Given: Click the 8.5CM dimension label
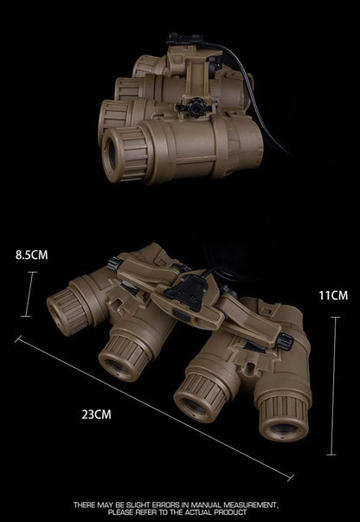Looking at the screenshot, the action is pos(32,255).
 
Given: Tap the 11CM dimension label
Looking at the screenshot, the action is pos(333,295).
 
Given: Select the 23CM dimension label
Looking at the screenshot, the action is pos(96,415).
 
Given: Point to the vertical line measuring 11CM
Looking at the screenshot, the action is pos(332,386).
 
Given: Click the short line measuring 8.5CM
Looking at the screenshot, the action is pos(29,294).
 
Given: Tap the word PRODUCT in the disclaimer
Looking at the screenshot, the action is pos(230,512).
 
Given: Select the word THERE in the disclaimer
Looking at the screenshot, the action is pos(85,505).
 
